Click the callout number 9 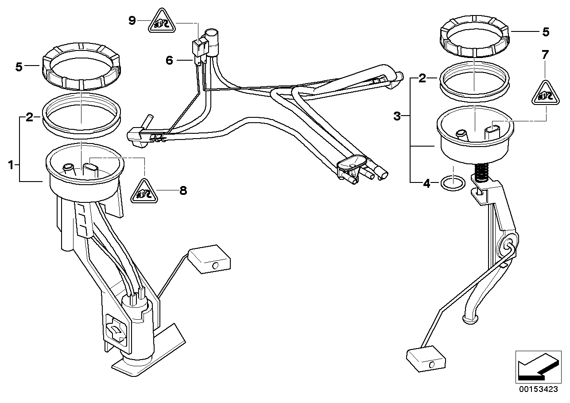(x=132, y=20)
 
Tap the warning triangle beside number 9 (x=162, y=21)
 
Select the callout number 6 (x=169, y=61)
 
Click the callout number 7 (x=545, y=55)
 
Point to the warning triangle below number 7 (x=545, y=93)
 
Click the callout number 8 (x=183, y=190)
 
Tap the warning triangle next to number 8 (x=144, y=192)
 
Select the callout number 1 (x=11, y=165)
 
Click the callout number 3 (x=397, y=116)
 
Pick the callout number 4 (x=427, y=183)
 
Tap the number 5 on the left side (x=19, y=67)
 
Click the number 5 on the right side (x=546, y=32)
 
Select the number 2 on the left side (x=30, y=117)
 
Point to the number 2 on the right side (x=422, y=79)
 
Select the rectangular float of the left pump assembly (x=209, y=259)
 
